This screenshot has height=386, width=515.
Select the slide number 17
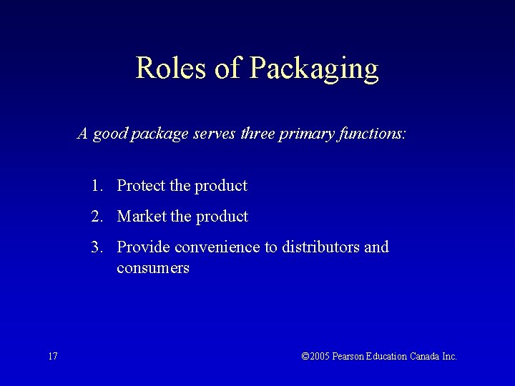pos(53,356)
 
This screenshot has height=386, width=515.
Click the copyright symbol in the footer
pos(305,356)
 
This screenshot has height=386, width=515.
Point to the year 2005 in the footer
pos(320,356)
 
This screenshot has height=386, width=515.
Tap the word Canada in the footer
pos(426,356)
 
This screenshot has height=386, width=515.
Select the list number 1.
pos(96,186)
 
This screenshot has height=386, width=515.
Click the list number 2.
pos(96,217)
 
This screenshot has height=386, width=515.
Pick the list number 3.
pos(96,247)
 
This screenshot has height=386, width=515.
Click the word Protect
pos(142,186)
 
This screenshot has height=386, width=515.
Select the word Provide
pos(144,247)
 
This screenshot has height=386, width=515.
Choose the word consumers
pos(153,269)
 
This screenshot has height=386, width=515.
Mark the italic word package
pos(160,134)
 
